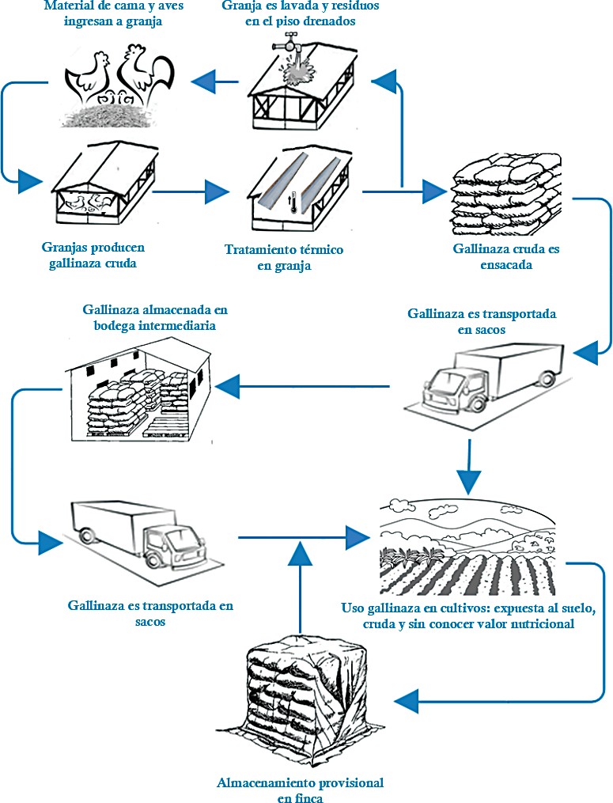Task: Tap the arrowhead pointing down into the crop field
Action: click(469, 479)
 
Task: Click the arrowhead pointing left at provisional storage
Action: click(407, 699)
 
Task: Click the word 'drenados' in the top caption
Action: click(328, 21)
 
